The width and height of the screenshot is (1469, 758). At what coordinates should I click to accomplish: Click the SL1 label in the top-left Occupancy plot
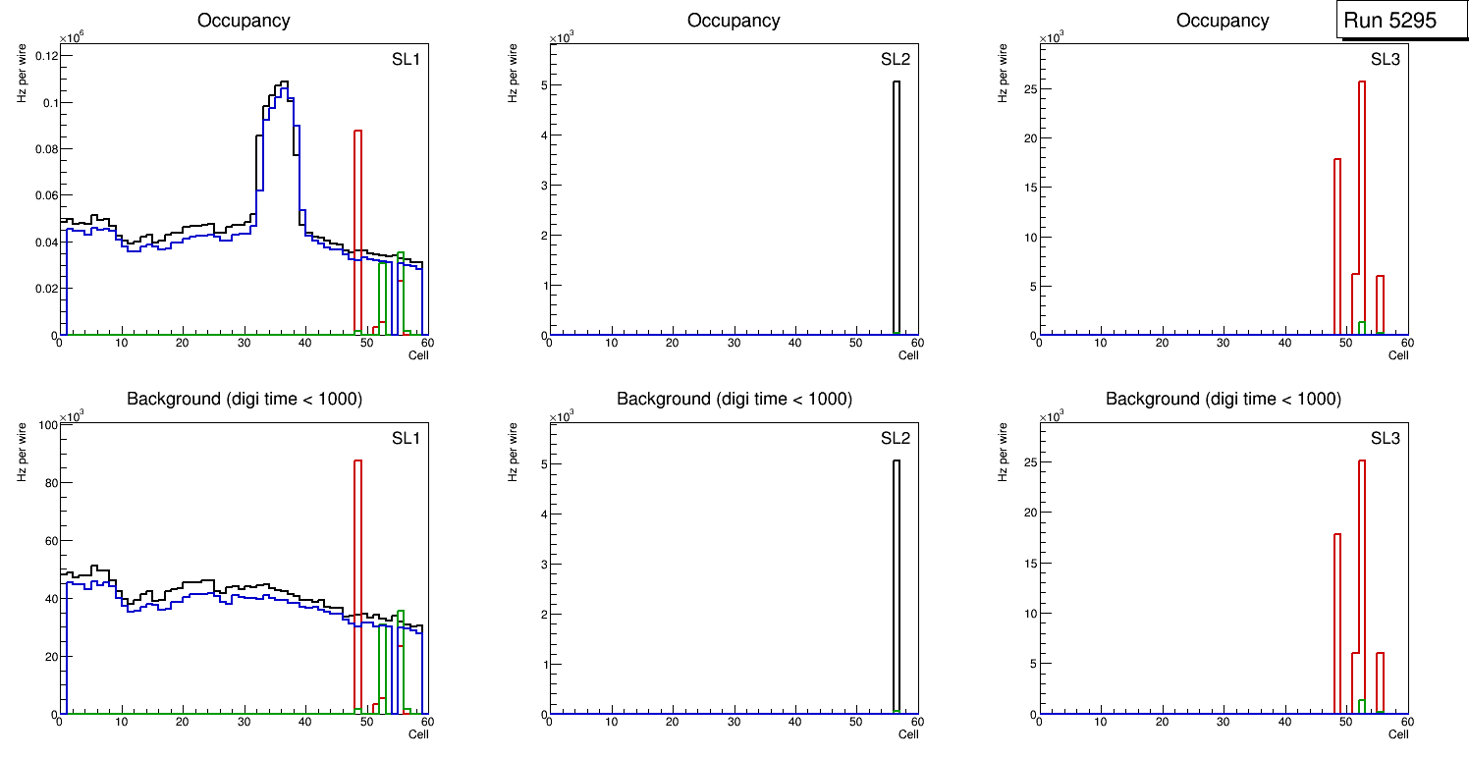[406, 59]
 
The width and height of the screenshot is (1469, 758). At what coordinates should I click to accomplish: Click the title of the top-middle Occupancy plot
[734, 20]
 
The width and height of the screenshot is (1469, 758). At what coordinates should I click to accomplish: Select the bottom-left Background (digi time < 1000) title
[245, 399]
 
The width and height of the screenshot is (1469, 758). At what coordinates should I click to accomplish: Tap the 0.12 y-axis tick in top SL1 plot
[45, 56]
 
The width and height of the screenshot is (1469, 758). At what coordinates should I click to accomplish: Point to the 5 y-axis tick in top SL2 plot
[540, 85]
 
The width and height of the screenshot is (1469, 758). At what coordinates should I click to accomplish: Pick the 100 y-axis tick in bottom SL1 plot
[43, 424]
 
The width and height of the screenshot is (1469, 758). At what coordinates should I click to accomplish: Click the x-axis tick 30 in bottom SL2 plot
[733, 722]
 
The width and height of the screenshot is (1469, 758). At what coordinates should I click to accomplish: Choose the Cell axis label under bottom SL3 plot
[1398, 734]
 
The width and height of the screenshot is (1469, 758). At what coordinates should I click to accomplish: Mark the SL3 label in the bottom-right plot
[1385, 438]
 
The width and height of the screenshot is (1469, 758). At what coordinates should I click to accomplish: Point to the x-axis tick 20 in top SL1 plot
[183, 343]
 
